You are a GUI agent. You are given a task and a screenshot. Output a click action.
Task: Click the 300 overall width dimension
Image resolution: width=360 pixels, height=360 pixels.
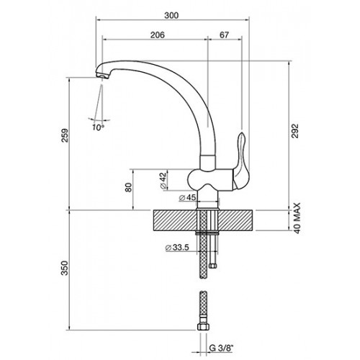tap(171, 15)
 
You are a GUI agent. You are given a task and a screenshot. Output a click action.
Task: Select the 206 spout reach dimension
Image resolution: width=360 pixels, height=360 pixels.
tap(158, 35)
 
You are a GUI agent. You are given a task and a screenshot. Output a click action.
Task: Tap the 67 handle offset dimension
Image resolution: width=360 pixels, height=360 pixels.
tap(224, 35)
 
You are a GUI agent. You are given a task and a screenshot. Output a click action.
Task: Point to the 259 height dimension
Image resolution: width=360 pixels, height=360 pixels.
tap(65, 135)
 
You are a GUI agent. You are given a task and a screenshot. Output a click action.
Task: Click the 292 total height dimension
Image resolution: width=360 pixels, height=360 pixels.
tap(295, 131)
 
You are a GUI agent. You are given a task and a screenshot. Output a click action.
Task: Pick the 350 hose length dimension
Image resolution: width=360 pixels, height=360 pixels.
tap(65, 268)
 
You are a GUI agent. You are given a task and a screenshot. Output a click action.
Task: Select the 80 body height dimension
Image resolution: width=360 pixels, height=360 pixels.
tap(129, 187)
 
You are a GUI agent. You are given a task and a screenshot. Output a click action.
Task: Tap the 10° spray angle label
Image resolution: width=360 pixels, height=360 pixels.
tap(98, 127)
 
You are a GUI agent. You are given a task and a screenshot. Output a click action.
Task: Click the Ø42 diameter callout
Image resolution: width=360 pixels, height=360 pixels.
tap(163, 180)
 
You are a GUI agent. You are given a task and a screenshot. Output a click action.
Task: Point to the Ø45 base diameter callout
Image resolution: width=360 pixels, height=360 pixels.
tap(187, 197)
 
